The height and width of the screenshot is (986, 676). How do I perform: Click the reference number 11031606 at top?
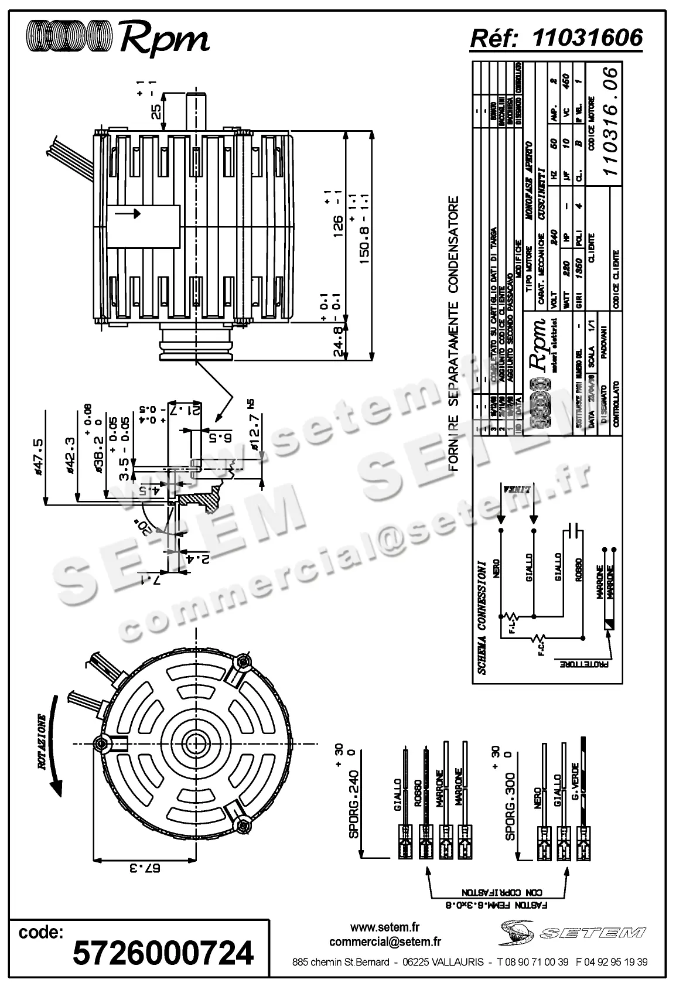point(588,37)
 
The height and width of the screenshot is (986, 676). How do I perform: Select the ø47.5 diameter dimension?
point(39,455)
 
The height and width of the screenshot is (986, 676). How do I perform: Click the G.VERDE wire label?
point(575,785)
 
